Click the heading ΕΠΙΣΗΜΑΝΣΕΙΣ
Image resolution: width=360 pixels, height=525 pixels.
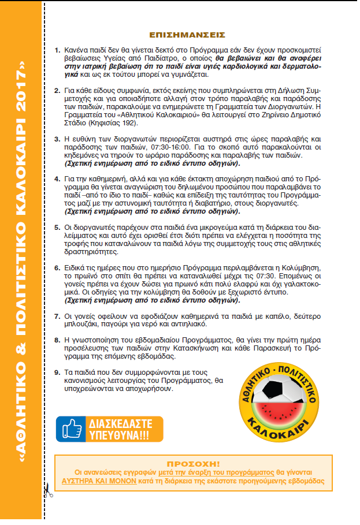tap(186, 35)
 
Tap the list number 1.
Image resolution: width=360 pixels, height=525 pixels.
tap(57, 51)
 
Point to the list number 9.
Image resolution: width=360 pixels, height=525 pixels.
tap(57, 372)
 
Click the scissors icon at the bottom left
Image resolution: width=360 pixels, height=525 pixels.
tap(47, 492)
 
